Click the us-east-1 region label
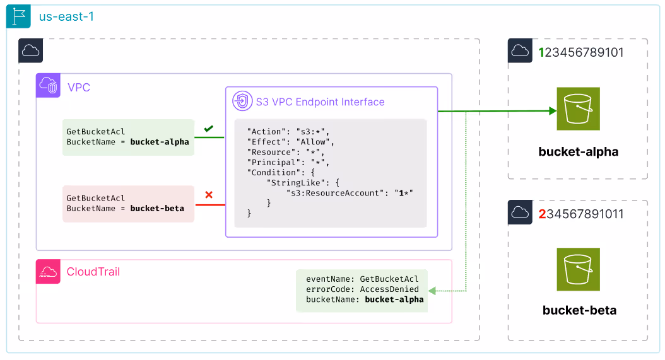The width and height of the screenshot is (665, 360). (x=66, y=16)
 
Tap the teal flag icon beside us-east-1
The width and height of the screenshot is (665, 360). (x=19, y=17)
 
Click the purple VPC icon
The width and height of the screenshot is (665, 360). (x=49, y=86)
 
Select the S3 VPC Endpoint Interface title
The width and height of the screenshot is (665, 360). (x=320, y=102)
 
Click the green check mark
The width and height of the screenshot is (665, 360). (x=208, y=129)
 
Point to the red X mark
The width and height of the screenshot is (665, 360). (x=209, y=195)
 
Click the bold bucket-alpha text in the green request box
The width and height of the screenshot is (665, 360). (x=160, y=142)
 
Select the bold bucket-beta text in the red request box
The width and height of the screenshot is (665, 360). (x=157, y=208)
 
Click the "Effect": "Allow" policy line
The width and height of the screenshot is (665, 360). (x=291, y=142)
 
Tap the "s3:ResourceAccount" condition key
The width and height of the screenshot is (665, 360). (x=335, y=192)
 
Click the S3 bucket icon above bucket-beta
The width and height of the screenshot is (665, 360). (x=578, y=269)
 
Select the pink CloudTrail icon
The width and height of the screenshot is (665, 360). (x=48, y=272)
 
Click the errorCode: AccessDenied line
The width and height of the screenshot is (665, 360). (x=362, y=289)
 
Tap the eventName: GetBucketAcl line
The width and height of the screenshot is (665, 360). (x=362, y=279)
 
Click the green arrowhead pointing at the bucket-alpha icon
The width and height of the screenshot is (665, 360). (x=552, y=111)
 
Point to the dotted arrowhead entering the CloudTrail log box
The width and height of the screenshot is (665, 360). (x=432, y=291)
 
